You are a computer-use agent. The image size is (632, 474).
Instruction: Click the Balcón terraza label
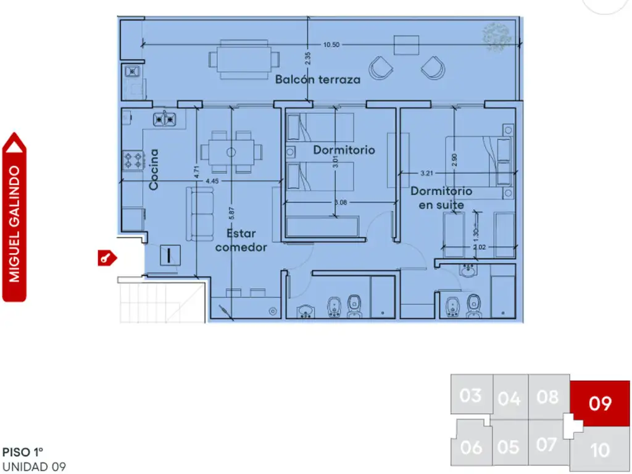pos(318,80)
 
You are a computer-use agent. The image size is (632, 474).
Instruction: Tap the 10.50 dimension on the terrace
pos(331,44)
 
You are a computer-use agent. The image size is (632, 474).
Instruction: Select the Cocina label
pos(154,169)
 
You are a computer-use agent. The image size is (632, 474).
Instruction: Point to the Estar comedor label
pos(241,240)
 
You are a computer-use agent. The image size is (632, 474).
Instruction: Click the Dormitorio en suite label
pos(441,197)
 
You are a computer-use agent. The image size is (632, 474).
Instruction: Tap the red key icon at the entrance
pos(107,258)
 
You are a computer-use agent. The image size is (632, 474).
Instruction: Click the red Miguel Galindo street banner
pos(14,217)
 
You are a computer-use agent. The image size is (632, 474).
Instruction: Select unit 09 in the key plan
pos(601,403)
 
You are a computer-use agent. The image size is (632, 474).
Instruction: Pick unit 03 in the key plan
pos(471,396)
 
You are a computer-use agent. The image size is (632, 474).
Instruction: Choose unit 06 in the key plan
pos(472,447)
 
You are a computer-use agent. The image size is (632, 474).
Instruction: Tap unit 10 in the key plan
pos(600,450)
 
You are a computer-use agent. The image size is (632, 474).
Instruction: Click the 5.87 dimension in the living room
pos(231,213)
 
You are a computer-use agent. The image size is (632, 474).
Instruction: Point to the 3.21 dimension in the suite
pos(426,173)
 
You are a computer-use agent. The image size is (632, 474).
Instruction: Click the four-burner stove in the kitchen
pos(133,160)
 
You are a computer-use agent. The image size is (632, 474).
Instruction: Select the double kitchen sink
pos(164,119)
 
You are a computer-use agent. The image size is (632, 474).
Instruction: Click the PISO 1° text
pos(23,452)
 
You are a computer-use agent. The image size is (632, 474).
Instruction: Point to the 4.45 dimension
pos(212,181)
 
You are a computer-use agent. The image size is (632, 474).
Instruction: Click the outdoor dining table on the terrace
pos(244,60)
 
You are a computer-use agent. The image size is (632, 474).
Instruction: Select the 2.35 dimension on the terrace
pos(308,59)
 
